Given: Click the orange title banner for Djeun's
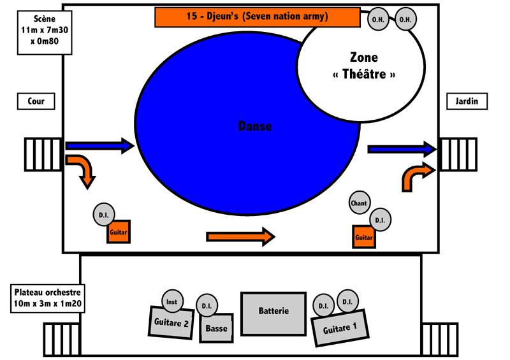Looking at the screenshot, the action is tap(258, 17).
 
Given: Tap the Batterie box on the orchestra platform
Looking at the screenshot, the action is tap(273, 314).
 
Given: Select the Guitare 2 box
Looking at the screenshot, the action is tap(171, 322).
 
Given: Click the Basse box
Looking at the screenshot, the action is tap(217, 328).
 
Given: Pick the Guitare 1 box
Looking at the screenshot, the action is tap(340, 328).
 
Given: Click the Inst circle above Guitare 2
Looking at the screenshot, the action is tap(172, 301).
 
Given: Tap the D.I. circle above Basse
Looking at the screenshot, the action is tap(207, 305).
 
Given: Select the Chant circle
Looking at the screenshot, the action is tap(360, 203).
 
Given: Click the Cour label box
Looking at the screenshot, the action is tap(36, 101).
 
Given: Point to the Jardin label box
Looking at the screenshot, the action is tap(467, 101).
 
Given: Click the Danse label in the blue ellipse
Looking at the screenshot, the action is tap(255, 126).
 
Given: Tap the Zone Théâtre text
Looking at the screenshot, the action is tap(364, 66).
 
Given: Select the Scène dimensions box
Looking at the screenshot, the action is tap(45, 32).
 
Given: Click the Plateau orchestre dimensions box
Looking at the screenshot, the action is tap(48, 299).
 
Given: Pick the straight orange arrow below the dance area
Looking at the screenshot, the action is tap(241, 237).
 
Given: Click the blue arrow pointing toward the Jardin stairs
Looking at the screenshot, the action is tap(402, 149).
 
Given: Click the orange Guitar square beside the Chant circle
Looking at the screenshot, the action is tap(364, 237).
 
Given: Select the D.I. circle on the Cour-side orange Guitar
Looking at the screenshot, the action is tap(104, 215).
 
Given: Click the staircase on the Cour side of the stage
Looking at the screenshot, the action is tap(43, 154).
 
